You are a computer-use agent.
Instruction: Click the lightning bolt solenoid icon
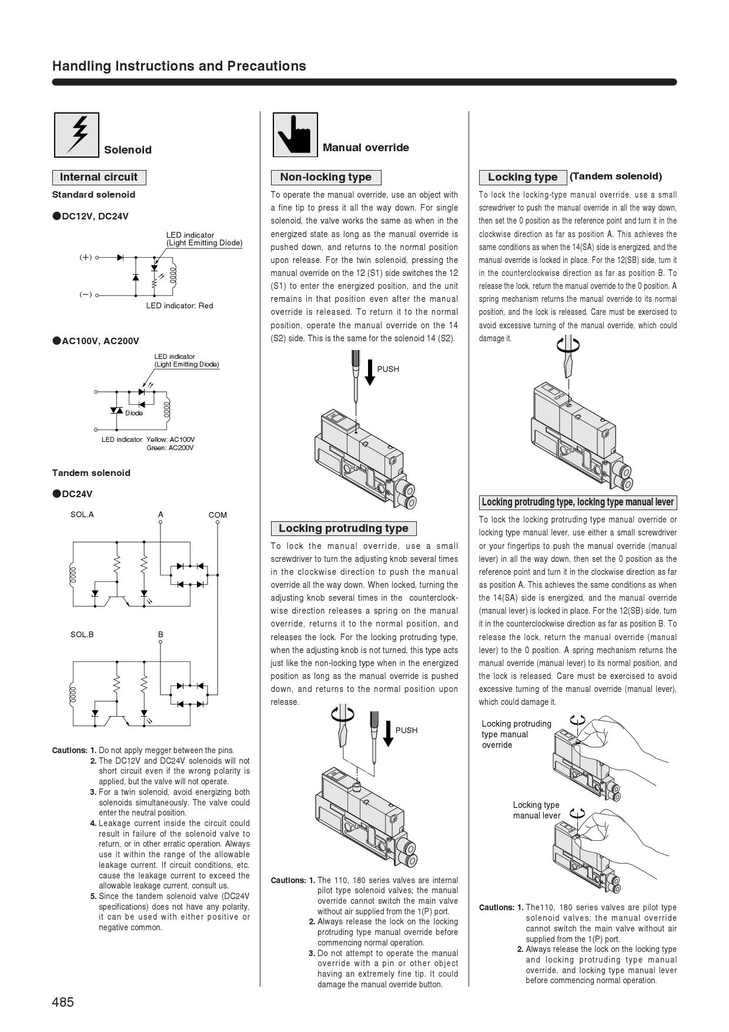point(76,135)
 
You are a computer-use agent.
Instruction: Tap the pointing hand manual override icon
point(295,135)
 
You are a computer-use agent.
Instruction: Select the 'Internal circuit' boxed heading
point(99,177)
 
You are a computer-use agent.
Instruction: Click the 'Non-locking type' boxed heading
point(326,177)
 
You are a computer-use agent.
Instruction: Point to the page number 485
point(63,1002)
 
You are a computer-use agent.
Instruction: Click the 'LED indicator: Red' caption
point(179,306)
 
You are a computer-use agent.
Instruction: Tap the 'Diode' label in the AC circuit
point(133,413)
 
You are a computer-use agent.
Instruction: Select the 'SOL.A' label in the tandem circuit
point(82,514)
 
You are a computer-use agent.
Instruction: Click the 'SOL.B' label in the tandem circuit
point(82,634)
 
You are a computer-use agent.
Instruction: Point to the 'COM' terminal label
point(218,515)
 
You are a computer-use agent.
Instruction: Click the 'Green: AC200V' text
point(170,448)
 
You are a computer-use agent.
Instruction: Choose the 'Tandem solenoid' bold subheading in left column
point(91,473)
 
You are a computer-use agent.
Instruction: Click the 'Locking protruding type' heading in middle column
point(343,528)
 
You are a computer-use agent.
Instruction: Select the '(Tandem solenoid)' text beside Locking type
point(616,176)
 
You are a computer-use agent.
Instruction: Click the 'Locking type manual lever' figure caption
point(536,810)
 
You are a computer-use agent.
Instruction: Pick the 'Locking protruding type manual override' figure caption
point(516,734)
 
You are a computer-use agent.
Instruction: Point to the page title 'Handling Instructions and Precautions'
point(179,66)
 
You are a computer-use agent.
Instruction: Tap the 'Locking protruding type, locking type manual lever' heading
point(577,502)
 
